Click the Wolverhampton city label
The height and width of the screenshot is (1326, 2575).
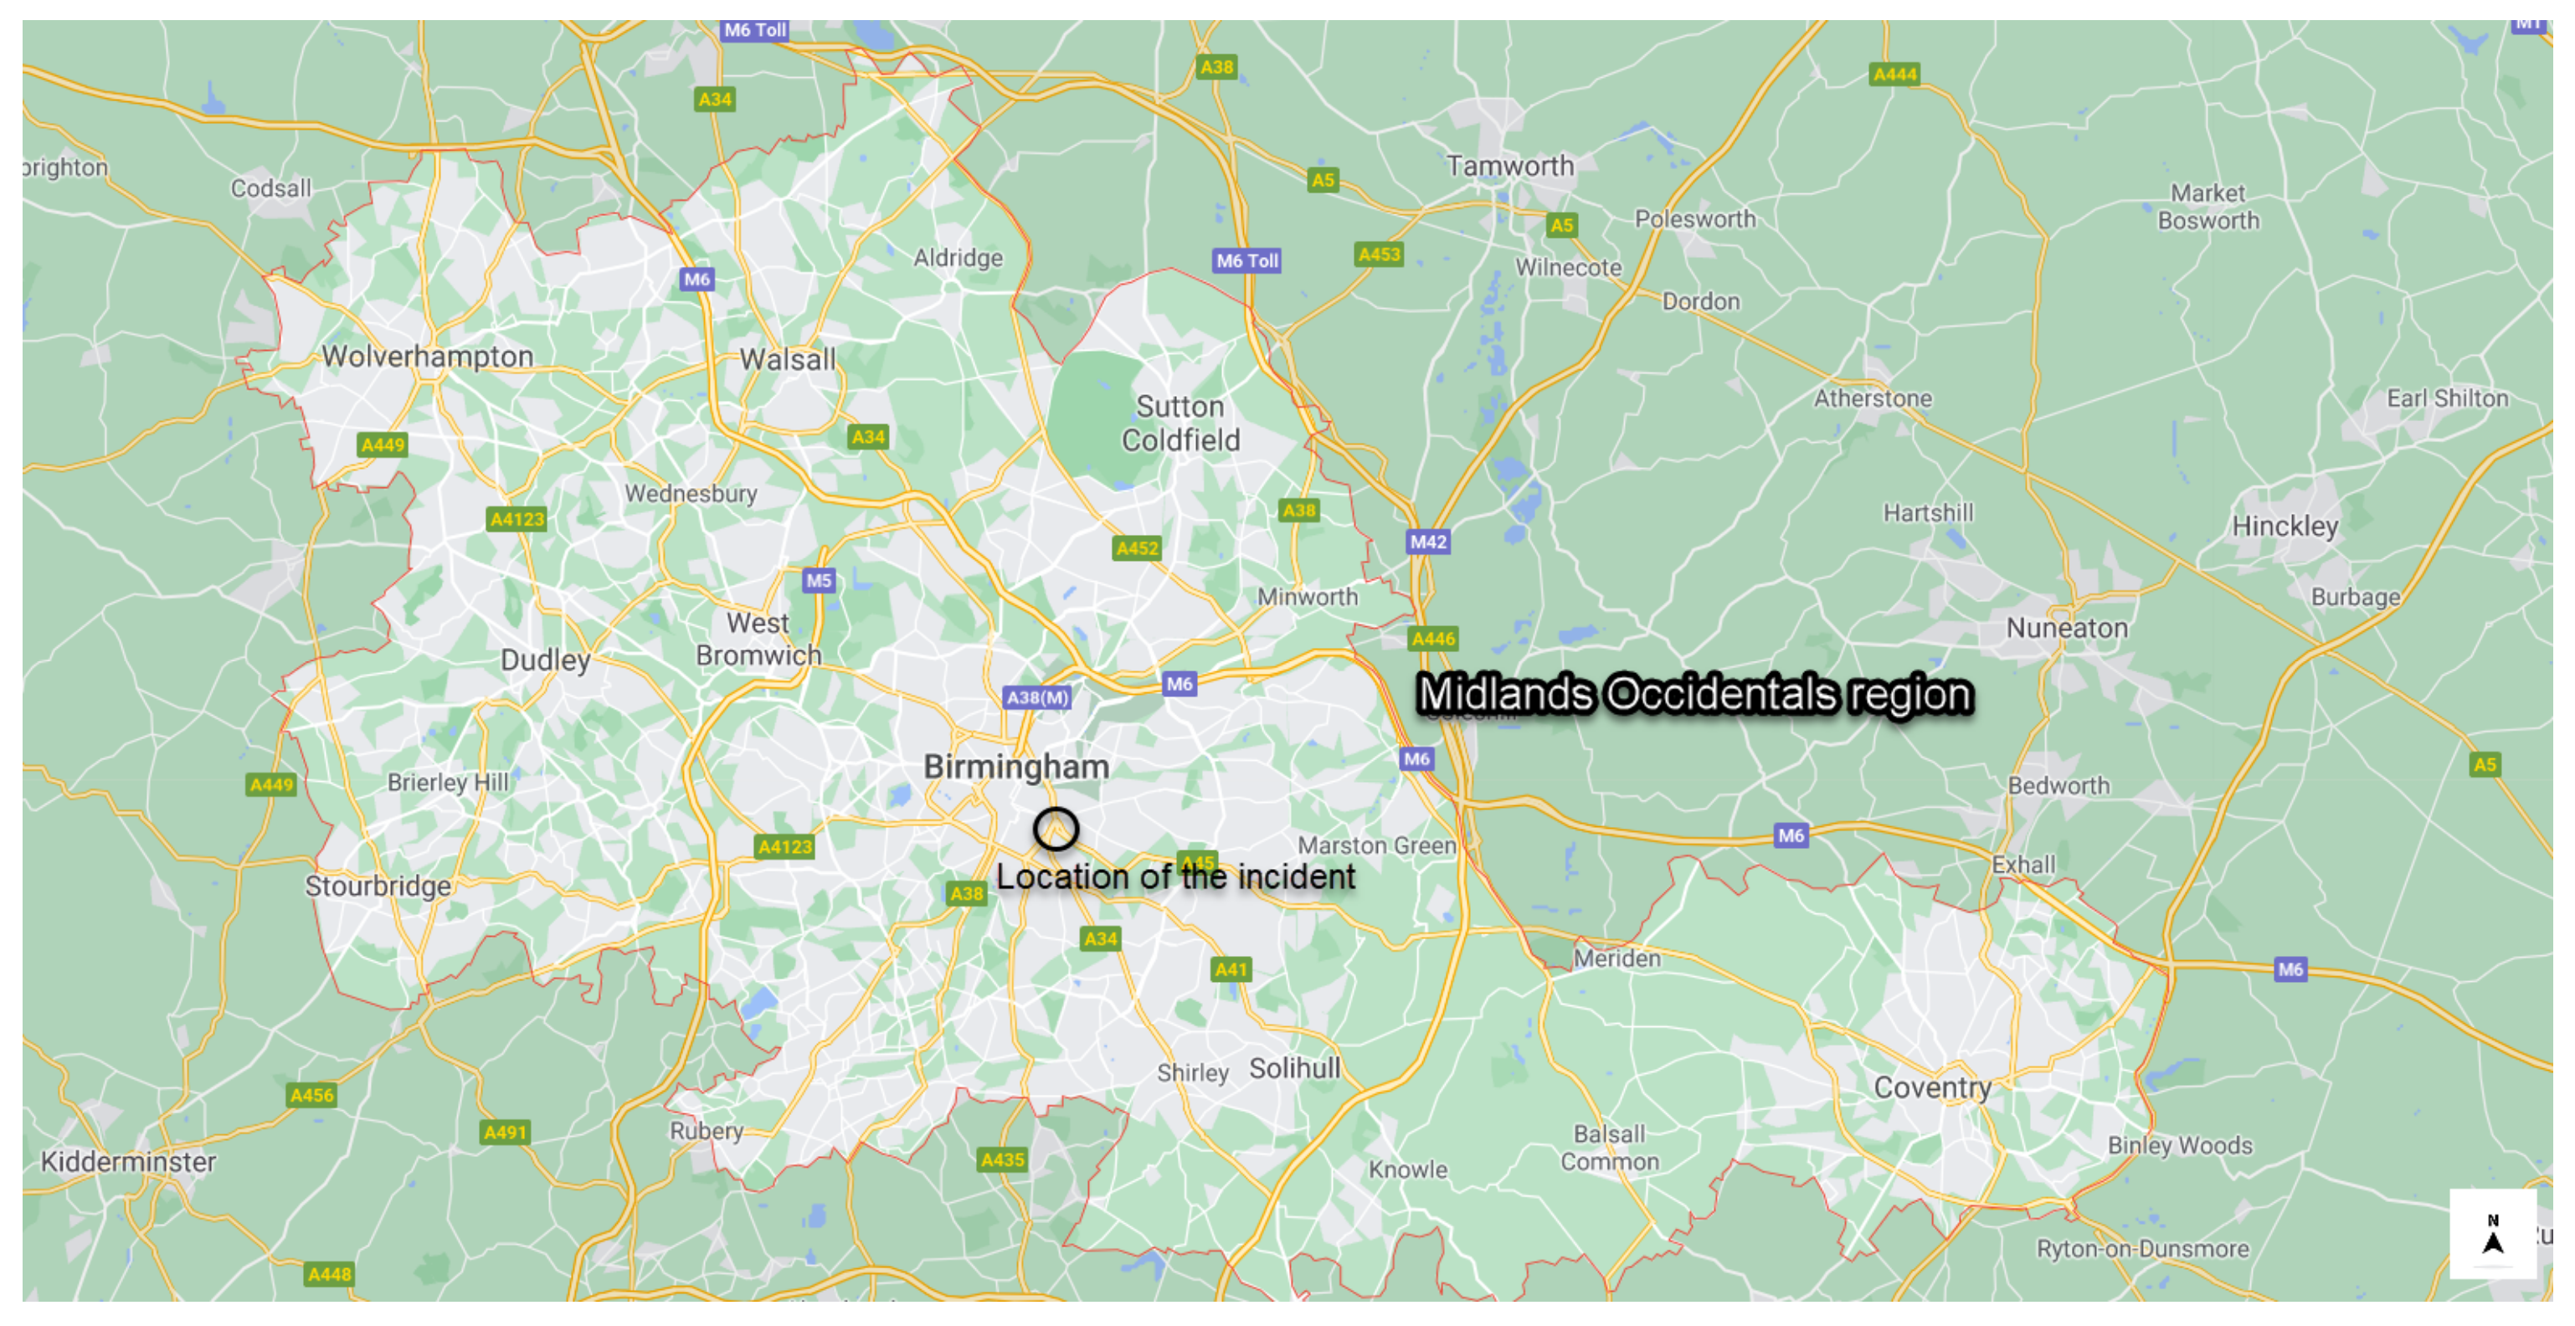coord(427,357)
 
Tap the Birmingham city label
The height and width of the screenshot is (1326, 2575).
coord(1015,767)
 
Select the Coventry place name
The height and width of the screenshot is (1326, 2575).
coord(1931,1087)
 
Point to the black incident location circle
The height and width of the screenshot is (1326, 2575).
coord(1056,829)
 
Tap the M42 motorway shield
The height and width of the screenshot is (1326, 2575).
coord(1427,542)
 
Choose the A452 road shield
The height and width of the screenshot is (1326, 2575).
coord(1137,547)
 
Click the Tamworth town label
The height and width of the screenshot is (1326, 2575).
coord(1509,166)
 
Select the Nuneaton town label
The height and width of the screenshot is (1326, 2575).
coord(2066,629)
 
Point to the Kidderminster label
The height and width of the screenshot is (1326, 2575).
coord(128,1161)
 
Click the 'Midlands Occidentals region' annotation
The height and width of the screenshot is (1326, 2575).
coord(1694,693)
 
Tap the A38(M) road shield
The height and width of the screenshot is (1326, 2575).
coord(1036,697)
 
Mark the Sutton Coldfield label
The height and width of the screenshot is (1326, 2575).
coord(1180,423)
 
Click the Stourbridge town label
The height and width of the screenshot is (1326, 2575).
coord(378,887)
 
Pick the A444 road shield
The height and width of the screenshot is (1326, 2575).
coord(1894,74)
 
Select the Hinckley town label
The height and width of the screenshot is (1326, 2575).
coord(2285,526)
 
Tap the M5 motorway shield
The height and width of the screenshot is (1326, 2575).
coord(818,581)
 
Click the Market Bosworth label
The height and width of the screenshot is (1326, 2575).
coord(2208,207)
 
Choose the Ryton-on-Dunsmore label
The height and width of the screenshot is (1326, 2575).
coord(2142,1248)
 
